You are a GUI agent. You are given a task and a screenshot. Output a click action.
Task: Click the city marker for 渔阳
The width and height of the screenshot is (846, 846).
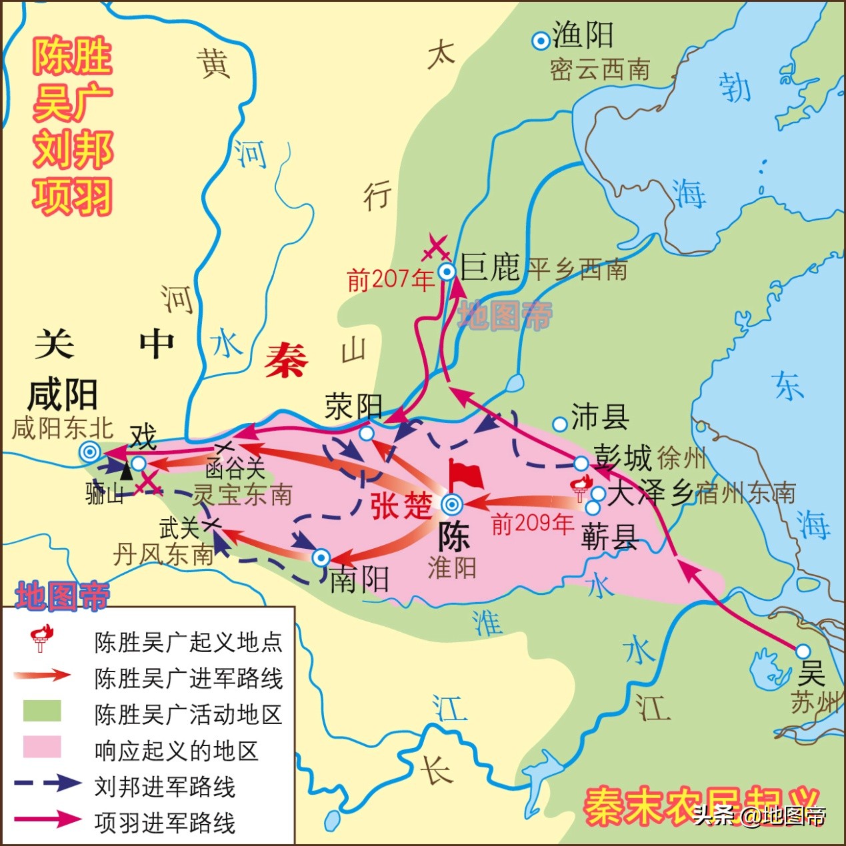[540, 41]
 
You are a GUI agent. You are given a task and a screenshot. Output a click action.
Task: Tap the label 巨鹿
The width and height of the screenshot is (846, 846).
[490, 268]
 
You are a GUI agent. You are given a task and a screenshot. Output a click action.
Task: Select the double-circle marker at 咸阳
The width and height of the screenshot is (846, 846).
[90, 452]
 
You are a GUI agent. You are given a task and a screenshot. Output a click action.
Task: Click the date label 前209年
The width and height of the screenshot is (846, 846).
[532, 524]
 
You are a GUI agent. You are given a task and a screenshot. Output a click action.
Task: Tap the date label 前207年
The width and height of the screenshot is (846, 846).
[391, 280]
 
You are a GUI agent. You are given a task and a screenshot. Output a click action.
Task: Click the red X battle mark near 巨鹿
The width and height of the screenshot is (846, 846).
[436, 248]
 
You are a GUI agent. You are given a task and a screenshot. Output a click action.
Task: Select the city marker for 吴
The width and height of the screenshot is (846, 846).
[803, 651]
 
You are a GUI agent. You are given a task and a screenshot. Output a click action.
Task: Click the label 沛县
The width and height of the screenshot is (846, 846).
[599, 418]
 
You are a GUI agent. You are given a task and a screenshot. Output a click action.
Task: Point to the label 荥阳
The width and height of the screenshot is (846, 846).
[353, 406]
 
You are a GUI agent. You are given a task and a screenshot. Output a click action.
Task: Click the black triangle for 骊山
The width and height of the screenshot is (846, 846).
[126, 471]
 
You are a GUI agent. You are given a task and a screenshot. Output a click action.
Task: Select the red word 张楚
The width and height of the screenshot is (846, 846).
[401, 506]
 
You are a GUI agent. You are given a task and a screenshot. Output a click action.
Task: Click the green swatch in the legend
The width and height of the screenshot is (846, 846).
[42, 711]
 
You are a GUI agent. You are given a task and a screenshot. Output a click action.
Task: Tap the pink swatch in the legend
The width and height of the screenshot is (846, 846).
[42, 747]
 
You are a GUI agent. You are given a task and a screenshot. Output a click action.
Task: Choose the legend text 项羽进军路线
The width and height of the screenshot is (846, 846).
[165, 823]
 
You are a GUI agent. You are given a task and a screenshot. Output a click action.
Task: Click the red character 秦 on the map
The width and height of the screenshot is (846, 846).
[286, 360]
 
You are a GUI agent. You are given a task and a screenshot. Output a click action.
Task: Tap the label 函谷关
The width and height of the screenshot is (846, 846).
[235, 468]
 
